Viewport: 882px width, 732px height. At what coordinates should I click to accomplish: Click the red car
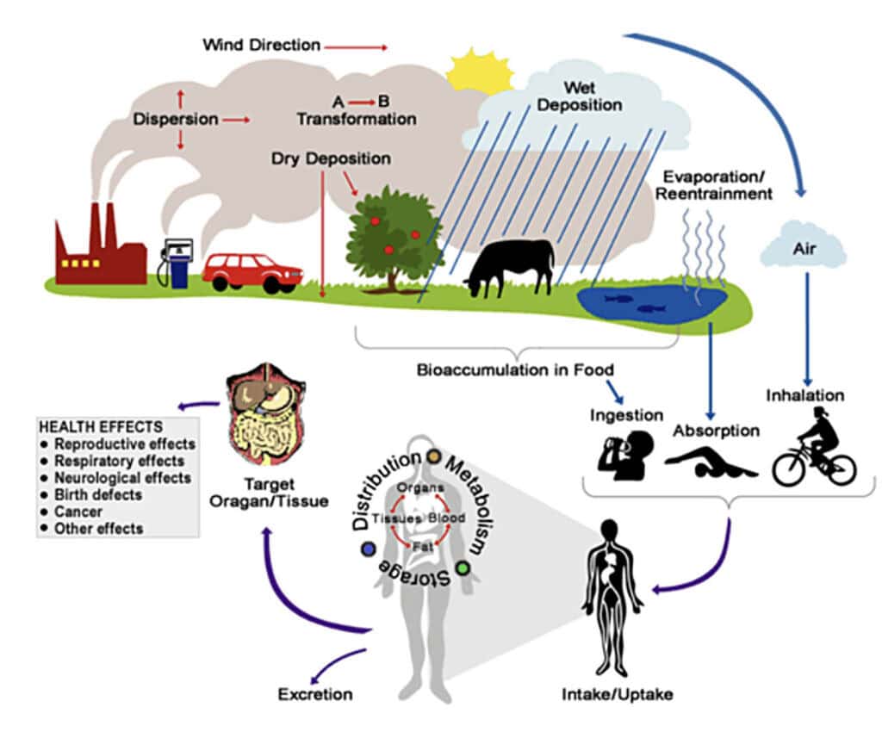point(252,273)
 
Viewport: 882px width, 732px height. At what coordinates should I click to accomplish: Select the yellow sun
point(479,71)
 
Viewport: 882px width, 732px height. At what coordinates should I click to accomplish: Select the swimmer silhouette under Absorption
point(711,462)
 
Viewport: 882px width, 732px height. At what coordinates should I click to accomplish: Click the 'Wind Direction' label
point(262,45)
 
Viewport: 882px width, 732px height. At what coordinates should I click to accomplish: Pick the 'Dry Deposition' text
point(331,158)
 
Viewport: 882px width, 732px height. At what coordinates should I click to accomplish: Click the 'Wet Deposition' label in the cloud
point(580,96)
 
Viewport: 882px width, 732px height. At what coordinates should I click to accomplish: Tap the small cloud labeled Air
point(804,245)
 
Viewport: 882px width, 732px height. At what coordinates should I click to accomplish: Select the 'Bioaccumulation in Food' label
point(515,370)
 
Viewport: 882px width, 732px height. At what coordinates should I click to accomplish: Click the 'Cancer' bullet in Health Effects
point(78,512)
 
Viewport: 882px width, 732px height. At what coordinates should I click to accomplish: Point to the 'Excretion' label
point(315,694)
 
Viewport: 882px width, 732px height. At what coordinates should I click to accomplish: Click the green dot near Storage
point(463,568)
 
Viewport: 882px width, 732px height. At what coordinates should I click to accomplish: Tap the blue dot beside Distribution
point(369,549)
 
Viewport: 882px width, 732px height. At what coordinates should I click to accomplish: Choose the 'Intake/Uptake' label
point(617,694)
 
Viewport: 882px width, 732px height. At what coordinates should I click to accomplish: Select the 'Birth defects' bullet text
point(98,495)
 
